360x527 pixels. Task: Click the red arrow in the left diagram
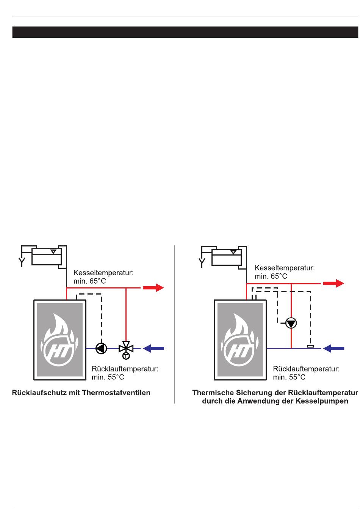point(153,288)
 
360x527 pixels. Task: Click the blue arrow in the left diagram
point(153,348)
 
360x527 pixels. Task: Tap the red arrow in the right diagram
point(333,283)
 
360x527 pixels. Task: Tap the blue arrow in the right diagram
point(333,348)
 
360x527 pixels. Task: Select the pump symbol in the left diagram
point(101,348)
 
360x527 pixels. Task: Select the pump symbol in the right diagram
point(291,323)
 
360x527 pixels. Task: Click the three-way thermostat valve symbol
point(126,348)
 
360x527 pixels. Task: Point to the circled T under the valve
point(126,356)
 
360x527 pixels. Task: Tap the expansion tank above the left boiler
point(47,257)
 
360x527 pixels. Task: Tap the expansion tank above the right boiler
point(227,257)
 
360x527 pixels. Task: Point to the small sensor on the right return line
point(310,346)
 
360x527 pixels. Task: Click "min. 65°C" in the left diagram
point(90,281)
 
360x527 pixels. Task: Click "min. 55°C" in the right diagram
point(289,377)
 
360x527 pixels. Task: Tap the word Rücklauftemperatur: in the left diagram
point(125,369)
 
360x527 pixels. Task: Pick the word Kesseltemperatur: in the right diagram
point(285,268)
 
